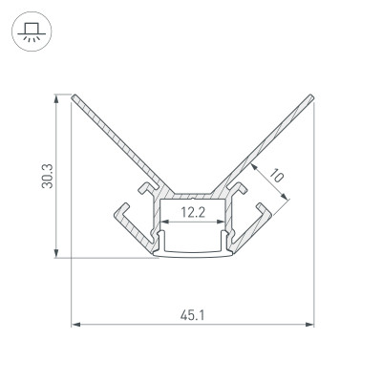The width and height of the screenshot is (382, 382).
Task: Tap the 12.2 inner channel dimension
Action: pyautogui.click(x=194, y=214)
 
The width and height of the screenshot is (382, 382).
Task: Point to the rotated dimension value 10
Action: pyautogui.click(x=277, y=177)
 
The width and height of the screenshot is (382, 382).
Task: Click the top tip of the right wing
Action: pyautogui.click(x=314, y=95)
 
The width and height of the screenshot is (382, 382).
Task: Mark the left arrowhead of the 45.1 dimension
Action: pyautogui.click(x=77, y=326)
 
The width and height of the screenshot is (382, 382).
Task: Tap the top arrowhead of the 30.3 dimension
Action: pyautogui.click(x=60, y=97)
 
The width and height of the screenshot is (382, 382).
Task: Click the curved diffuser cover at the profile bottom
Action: pyautogui.click(x=194, y=252)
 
